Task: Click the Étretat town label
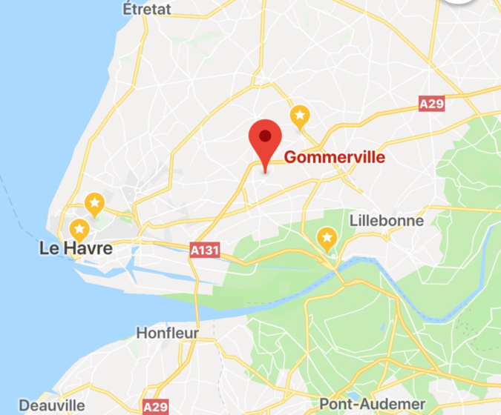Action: coord(147,9)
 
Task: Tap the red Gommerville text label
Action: coord(335,157)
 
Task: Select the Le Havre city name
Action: coord(76,248)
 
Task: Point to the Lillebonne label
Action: coord(386,220)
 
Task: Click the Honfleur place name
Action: coord(167,333)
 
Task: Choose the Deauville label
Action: coord(51,405)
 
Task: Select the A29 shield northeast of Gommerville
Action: coord(431,104)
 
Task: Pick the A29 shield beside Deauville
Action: coord(155,407)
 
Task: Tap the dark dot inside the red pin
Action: coord(265,136)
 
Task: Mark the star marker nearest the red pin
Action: coord(300,115)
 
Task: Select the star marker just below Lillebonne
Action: coord(327,239)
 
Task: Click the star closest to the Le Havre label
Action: coord(79,229)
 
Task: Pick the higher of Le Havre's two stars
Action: coord(94,202)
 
